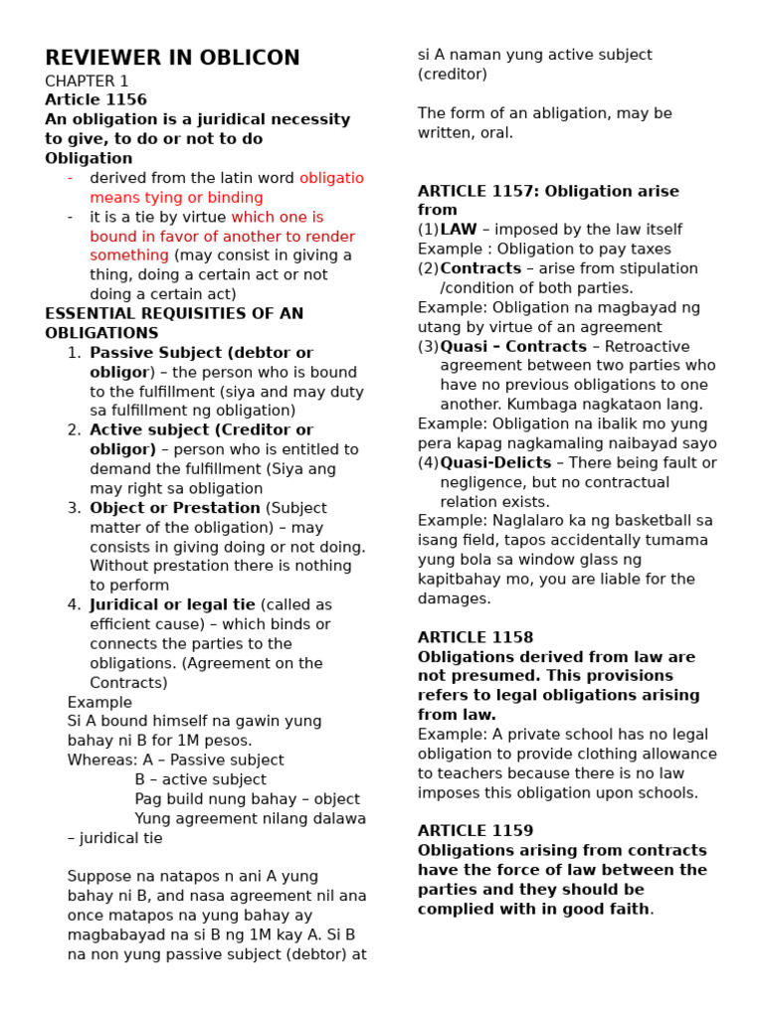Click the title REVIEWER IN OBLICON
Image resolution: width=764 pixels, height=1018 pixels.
pyautogui.click(x=172, y=58)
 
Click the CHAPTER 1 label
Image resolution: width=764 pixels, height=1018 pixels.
pyautogui.click(x=87, y=81)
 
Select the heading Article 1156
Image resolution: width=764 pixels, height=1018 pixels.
pyautogui.click(x=95, y=99)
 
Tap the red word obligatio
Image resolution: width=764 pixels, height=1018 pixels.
pyautogui.click(x=331, y=178)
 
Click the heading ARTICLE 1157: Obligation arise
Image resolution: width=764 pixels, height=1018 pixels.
pyautogui.click(x=548, y=191)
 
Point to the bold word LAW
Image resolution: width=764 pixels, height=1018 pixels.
pyautogui.click(x=459, y=230)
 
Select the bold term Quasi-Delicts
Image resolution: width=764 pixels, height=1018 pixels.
pyautogui.click(x=495, y=462)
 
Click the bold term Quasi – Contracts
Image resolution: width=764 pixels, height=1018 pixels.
pyautogui.click(x=513, y=346)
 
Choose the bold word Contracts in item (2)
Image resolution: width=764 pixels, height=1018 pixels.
pyautogui.click(x=480, y=268)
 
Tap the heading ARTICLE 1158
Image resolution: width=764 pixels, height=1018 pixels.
pyautogui.click(x=476, y=637)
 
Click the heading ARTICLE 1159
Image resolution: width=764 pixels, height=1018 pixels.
pyautogui.click(x=476, y=830)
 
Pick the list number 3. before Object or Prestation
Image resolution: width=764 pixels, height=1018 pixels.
pyautogui.click(x=74, y=508)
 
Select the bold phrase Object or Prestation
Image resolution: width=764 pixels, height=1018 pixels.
pyautogui.click(x=175, y=508)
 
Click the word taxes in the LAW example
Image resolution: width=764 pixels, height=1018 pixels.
pyautogui.click(x=649, y=249)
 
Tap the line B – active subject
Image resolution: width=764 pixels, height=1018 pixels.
pyautogui.click(x=200, y=779)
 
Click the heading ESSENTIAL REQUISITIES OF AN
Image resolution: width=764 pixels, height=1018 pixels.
pyautogui.click(x=174, y=313)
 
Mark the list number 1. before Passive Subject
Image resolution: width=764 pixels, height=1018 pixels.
pyautogui.click(x=74, y=353)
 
